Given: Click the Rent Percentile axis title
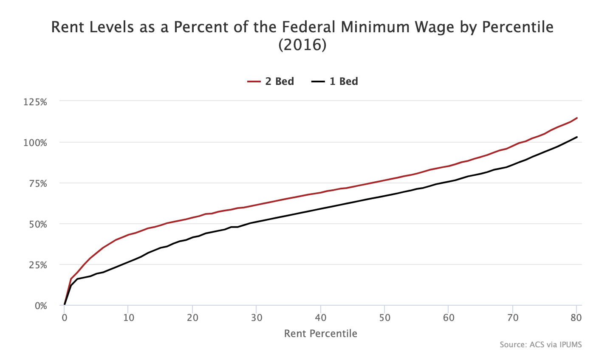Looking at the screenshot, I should pyautogui.click(x=321, y=334).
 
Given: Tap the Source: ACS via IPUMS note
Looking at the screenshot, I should pyautogui.click(x=540, y=345).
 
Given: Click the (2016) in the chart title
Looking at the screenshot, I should pyautogui.click(x=302, y=45).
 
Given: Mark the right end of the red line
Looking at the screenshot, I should pyautogui.click(x=576, y=118).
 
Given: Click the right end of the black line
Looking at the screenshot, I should pyautogui.click(x=576, y=137).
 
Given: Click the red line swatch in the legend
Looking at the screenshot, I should pyautogui.click(x=254, y=81).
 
